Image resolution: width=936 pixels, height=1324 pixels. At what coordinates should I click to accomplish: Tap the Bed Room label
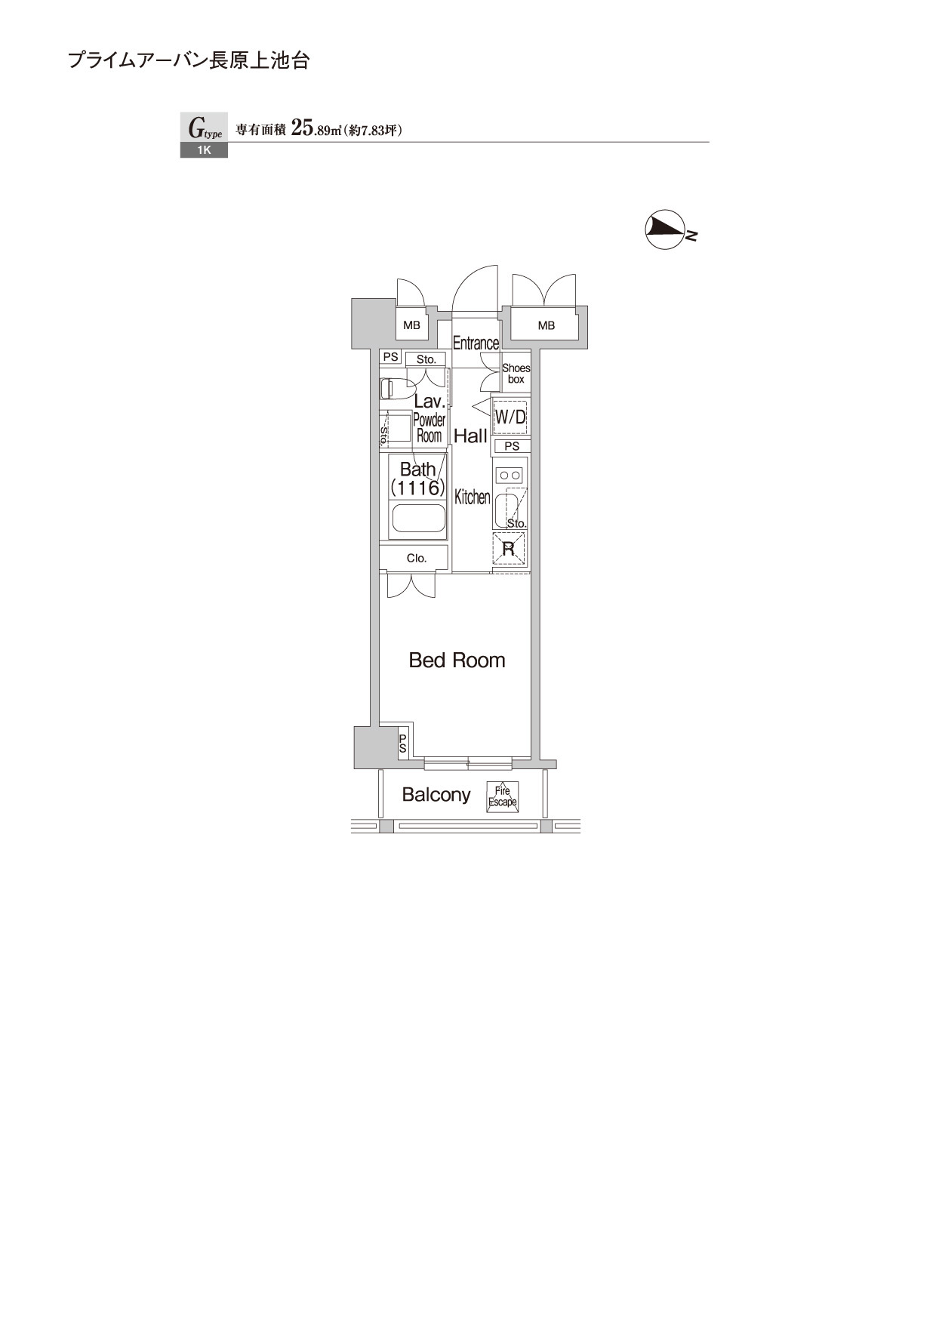tap(457, 660)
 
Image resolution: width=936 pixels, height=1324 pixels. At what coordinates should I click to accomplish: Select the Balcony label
tap(436, 794)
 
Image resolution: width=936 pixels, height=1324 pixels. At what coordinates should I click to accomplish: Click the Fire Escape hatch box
tap(503, 796)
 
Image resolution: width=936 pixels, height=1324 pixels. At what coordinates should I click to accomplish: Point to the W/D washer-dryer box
tap(510, 416)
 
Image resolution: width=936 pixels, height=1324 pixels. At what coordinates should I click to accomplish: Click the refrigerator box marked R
tap(509, 548)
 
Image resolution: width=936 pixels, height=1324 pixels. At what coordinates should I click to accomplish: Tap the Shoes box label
tap(516, 374)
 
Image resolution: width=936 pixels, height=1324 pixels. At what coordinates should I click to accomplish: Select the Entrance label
tap(476, 343)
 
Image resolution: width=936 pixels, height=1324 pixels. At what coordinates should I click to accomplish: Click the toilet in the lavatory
tap(387, 389)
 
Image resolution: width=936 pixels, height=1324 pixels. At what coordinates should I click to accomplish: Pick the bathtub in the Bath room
tap(418, 519)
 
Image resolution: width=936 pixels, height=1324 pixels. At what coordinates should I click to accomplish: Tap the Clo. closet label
tap(417, 559)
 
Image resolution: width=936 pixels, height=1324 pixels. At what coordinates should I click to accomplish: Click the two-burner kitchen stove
tap(510, 476)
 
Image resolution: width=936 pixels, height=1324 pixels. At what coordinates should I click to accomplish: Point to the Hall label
tap(470, 436)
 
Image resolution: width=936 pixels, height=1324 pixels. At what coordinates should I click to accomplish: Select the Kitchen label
tap(473, 497)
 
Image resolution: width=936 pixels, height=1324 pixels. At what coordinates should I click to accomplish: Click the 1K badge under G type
tap(204, 150)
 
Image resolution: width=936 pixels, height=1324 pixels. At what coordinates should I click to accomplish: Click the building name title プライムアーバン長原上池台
tap(189, 61)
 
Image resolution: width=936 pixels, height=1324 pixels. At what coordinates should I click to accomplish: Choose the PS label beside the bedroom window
tap(403, 744)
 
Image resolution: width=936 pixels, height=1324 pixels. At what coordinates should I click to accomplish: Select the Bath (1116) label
tap(417, 479)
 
